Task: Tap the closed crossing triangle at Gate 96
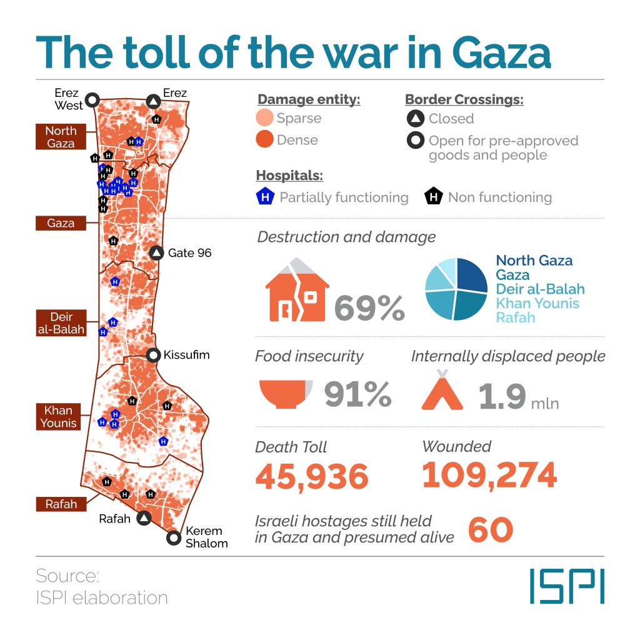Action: click(156, 253)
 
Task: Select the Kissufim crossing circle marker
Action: click(153, 356)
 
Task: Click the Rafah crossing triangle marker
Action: click(144, 518)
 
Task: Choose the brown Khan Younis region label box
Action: click(58, 417)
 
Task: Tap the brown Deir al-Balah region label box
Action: click(61, 323)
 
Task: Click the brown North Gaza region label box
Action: click(61, 137)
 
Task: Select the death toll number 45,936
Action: click(312, 477)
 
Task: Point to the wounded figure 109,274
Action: click(489, 475)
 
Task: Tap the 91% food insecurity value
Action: click(357, 394)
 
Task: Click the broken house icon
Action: click(296, 292)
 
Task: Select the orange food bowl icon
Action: click(285, 394)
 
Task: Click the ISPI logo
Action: click(567, 586)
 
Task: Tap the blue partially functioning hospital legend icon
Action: click(265, 197)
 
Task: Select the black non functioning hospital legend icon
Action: click(433, 197)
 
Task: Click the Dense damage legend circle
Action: click(264, 140)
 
